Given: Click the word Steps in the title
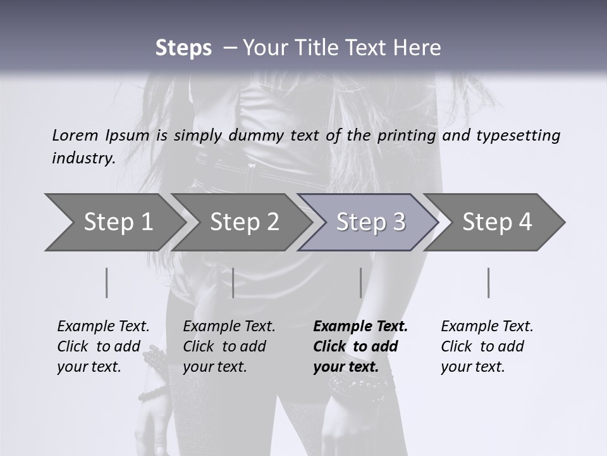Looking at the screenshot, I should [183, 48].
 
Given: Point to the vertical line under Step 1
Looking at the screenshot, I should [107, 282].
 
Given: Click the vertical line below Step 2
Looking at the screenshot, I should [233, 282].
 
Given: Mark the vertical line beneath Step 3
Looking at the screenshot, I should [360, 282].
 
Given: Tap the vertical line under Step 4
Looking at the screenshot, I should [488, 282].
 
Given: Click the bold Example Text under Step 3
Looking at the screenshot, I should [360, 346].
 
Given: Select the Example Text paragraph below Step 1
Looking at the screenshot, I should [103, 346].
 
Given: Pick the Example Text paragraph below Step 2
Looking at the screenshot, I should [229, 346].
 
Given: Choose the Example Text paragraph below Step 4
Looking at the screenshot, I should [487, 346].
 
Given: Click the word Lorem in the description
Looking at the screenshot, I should [75, 136].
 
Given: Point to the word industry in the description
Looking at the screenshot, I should [83, 158].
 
